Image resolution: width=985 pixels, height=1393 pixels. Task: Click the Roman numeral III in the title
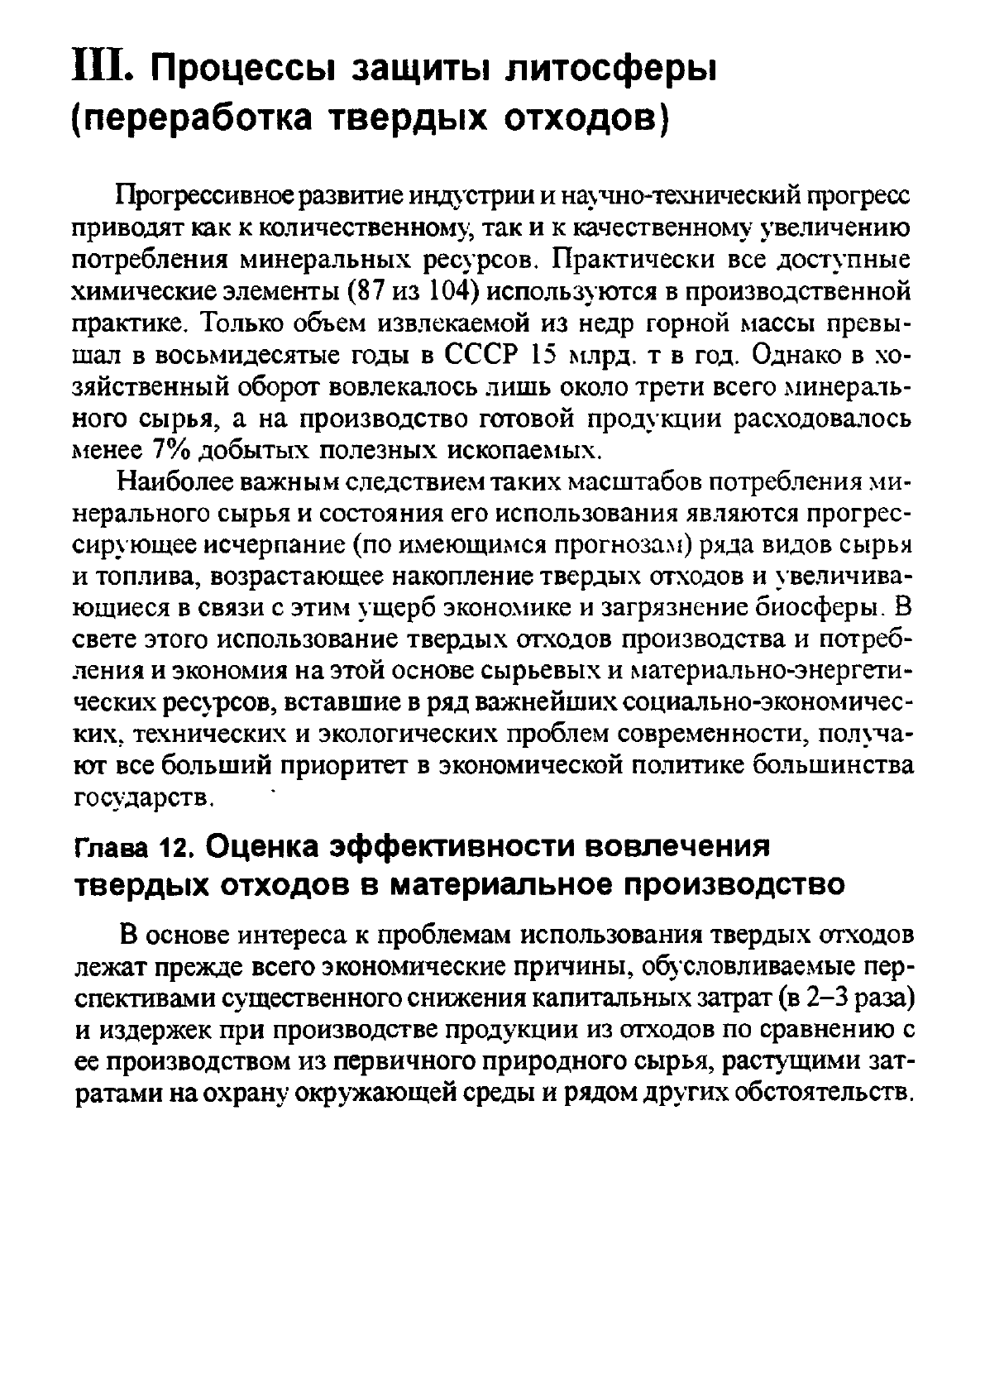tap(99, 65)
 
